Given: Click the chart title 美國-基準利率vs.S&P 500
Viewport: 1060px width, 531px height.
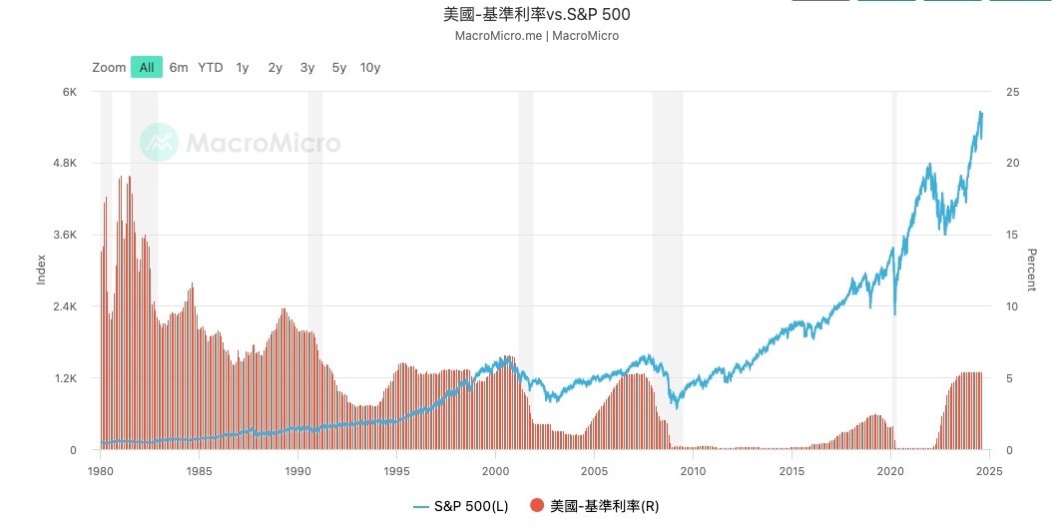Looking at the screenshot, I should (536, 15).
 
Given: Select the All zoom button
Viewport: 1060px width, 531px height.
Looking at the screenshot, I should (146, 67).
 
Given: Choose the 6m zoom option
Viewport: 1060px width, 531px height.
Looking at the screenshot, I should (179, 67).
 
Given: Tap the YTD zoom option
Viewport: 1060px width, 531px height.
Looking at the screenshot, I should (210, 67).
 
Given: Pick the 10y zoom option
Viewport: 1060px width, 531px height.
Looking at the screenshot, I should (370, 67).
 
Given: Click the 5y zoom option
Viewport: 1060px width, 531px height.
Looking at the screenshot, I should (339, 67).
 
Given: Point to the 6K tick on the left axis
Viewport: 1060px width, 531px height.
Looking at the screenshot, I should (70, 92).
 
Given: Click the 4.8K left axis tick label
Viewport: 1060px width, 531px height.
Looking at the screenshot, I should (65, 164).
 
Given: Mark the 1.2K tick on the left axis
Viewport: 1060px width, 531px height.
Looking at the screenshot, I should (65, 378).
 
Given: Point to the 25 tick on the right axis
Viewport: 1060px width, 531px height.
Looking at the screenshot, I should (1014, 92).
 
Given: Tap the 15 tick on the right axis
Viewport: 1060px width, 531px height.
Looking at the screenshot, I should (1014, 235).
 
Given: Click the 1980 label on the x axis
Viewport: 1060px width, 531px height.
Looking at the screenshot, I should (100, 470).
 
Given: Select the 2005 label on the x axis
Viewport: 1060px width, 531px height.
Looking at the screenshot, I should (595, 470).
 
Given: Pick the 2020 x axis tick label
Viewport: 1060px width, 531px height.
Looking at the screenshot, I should (891, 470).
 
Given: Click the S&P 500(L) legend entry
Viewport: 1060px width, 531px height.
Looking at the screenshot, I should (460, 506).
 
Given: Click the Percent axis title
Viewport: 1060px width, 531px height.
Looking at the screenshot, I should (1032, 269).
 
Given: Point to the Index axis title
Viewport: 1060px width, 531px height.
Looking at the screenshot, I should (42, 269).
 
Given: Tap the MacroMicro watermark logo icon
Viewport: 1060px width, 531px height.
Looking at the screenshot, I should (158, 143).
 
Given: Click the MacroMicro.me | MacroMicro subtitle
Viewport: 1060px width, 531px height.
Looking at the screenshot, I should (536, 36).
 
